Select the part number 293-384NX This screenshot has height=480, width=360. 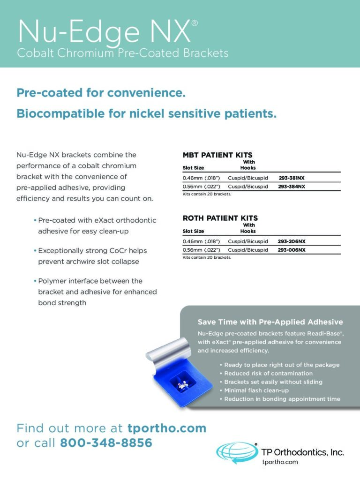coord(292,187)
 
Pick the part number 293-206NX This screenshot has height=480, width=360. coord(292,242)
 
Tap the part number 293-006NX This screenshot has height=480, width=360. coord(292,250)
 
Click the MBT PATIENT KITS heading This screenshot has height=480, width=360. coord(217,155)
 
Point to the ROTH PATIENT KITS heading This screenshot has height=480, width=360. coord(220,218)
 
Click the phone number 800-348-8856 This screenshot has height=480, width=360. coord(106,442)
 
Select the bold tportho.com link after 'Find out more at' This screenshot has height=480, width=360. coord(166,428)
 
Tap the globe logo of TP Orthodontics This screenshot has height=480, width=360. coord(237,453)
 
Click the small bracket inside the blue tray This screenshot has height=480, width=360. coord(182,385)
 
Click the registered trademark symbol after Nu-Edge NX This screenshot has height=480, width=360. coord(195,23)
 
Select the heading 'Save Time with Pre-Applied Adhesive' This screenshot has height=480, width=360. coord(270,322)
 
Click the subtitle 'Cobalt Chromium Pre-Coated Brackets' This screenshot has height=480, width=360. coord(123,53)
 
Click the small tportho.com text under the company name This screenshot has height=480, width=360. coord(280,462)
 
